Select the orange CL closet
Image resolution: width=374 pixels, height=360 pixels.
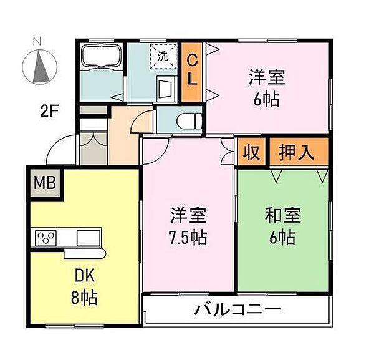click(x=193, y=71)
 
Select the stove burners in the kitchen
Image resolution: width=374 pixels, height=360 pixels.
click(x=46, y=238)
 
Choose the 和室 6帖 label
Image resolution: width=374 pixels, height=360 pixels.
click(x=282, y=227)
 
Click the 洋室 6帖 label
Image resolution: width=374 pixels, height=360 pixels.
click(x=267, y=89)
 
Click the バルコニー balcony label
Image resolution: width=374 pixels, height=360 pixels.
click(x=237, y=309)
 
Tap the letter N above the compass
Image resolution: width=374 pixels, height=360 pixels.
click(x=37, y=41)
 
